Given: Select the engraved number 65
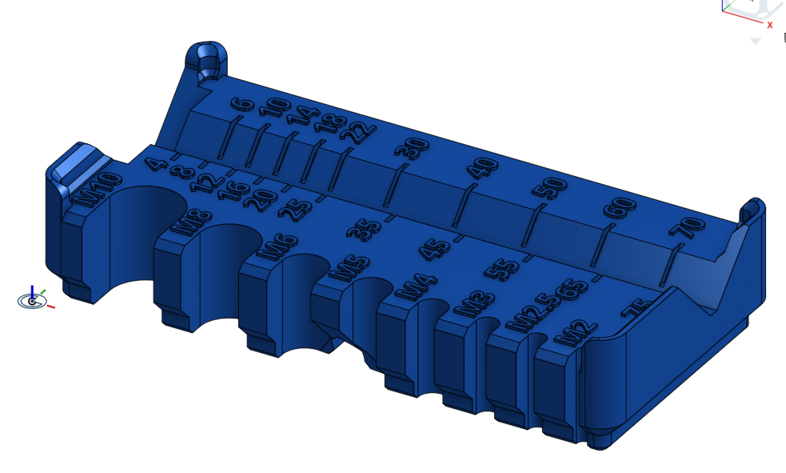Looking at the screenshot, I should [574, 290].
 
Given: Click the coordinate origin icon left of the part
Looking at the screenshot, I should [32, 300].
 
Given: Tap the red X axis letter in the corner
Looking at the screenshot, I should [769, 25].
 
